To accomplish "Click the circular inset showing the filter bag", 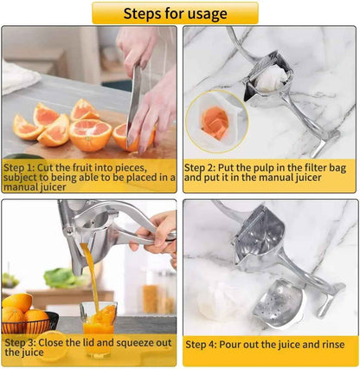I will pyautogui.click(x=216, y=122).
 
